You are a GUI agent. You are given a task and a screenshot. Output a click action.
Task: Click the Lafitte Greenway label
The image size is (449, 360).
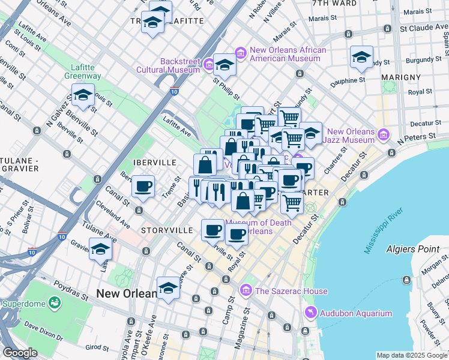tap(83, 71)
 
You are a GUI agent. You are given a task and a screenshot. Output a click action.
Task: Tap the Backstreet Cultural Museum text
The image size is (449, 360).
tap(179, 65)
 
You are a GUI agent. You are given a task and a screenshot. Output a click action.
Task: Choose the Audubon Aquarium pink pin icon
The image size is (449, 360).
tap(310, 313)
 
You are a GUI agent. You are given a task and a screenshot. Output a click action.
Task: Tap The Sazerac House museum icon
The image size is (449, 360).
tap(245, 291)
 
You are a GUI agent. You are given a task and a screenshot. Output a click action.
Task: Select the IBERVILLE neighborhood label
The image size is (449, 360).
tap(155, 163)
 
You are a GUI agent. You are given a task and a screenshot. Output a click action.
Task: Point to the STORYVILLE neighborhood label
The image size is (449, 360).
tap(167, 230)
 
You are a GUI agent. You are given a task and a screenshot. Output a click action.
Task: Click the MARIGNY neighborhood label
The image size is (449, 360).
tap(403, 77)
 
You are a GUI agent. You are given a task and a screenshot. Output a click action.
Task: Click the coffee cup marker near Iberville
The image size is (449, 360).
tap(143, 186)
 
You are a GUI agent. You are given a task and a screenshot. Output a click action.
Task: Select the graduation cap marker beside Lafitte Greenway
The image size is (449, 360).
tap(83, 95)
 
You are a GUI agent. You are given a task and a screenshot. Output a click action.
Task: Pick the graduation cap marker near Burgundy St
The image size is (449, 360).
tap(361, 58)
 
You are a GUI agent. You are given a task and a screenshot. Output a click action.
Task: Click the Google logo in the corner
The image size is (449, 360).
tap(20, 353)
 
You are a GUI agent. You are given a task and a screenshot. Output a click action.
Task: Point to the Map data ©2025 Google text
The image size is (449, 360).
tap(412, 355)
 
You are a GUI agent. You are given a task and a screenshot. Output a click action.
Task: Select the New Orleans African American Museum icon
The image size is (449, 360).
tap(241, 54)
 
